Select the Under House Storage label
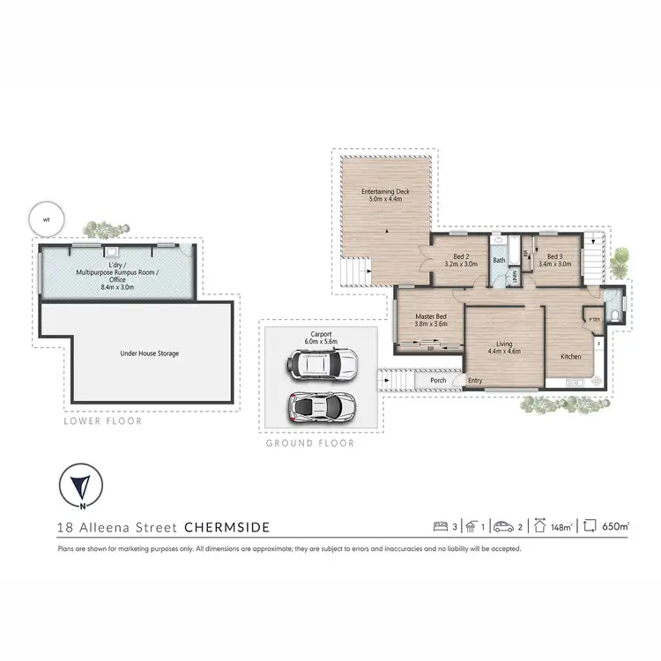149,353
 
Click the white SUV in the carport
324,363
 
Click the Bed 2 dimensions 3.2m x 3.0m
461,264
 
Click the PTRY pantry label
595,319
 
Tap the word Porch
437,381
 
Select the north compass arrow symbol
81,486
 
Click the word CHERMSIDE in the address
227,528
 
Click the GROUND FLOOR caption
309,443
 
